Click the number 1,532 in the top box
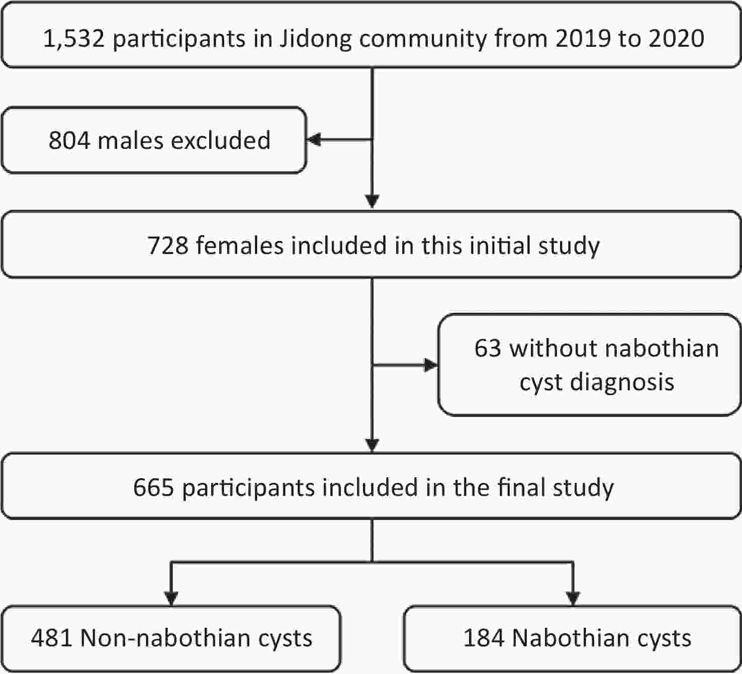click(73, 39)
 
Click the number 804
click(69, 140)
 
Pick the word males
click(130, 140)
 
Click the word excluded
click(221, 140)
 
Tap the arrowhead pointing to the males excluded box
click(314, 140)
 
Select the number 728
click(168, 245)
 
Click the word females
click(240, 245)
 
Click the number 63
click(488, 348)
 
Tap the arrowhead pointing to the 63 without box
click(431, 365)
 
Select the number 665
click(153, 487)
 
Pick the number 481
click(51, 638)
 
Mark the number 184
click(484, 638)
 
